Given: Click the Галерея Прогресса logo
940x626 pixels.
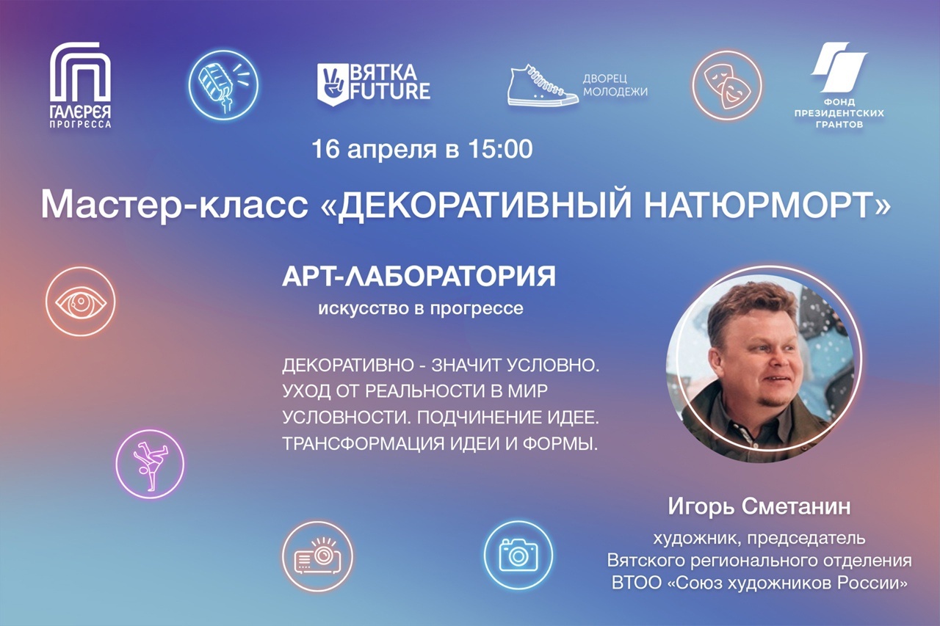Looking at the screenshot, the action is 80,85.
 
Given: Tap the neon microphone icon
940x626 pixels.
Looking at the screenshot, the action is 223,84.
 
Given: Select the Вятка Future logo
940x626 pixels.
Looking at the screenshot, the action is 374,84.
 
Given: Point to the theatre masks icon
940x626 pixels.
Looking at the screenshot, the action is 727,85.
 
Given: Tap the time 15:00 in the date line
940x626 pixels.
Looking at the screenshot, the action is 500,149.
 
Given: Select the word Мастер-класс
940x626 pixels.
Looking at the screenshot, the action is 175,205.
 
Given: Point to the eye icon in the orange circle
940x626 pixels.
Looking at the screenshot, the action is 81,302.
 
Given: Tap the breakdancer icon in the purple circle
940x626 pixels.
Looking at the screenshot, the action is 150,464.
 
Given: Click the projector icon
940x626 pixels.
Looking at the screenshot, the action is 318,556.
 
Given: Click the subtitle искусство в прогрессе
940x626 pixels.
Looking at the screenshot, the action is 421,309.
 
